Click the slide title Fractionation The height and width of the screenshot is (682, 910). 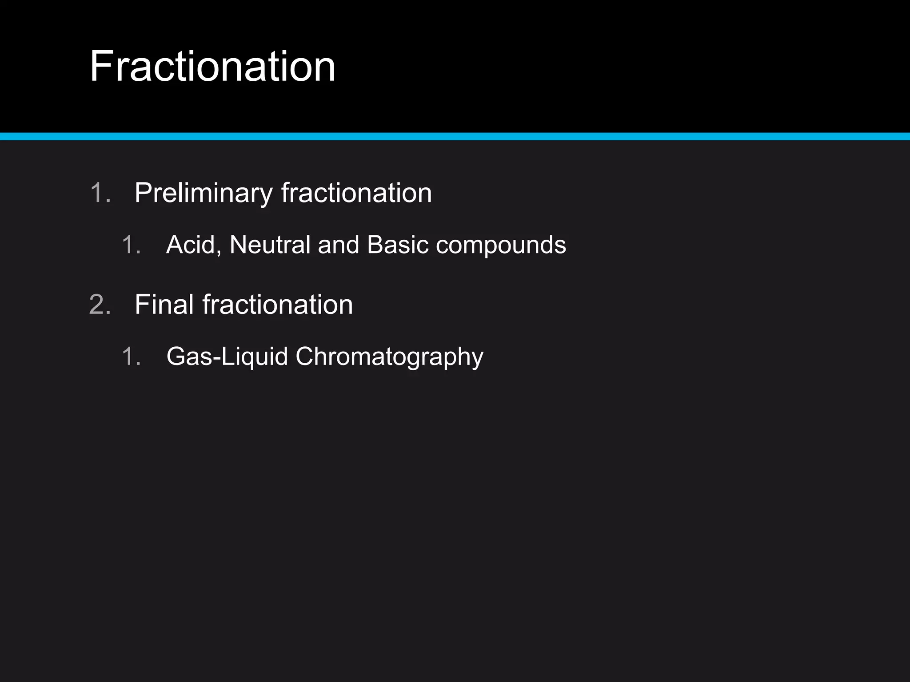pyautogui.click(x=212, y=67)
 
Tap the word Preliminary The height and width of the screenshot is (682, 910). pyautogui.click(x=203, y=193)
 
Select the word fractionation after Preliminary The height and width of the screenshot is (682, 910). pyautogui.click(x=356, y=193)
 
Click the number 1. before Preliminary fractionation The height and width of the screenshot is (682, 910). pyautogui.click(x=100, y=193)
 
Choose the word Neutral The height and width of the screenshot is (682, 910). pyautogui.click(x=270, y=245)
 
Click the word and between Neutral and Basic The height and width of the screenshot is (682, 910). pyautogui.click(x=339, y=245)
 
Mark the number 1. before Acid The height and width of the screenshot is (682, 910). pyautogui.click(x=132, y=245)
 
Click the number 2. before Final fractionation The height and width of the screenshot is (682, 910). pyautogui.click(x=100, y=305)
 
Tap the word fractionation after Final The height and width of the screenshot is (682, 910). pyautogui.click(x=278, y=305)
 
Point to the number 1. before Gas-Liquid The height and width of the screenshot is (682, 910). pyautogui.click(x=132, y=357)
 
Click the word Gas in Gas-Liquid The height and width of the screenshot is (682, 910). pyautogui.click(x=189, y=357)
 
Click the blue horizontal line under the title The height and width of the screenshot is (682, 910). pyautogui.click(x=455, y=136)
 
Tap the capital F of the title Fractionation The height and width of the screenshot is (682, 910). pyautogui.click(x=102, y=67)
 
